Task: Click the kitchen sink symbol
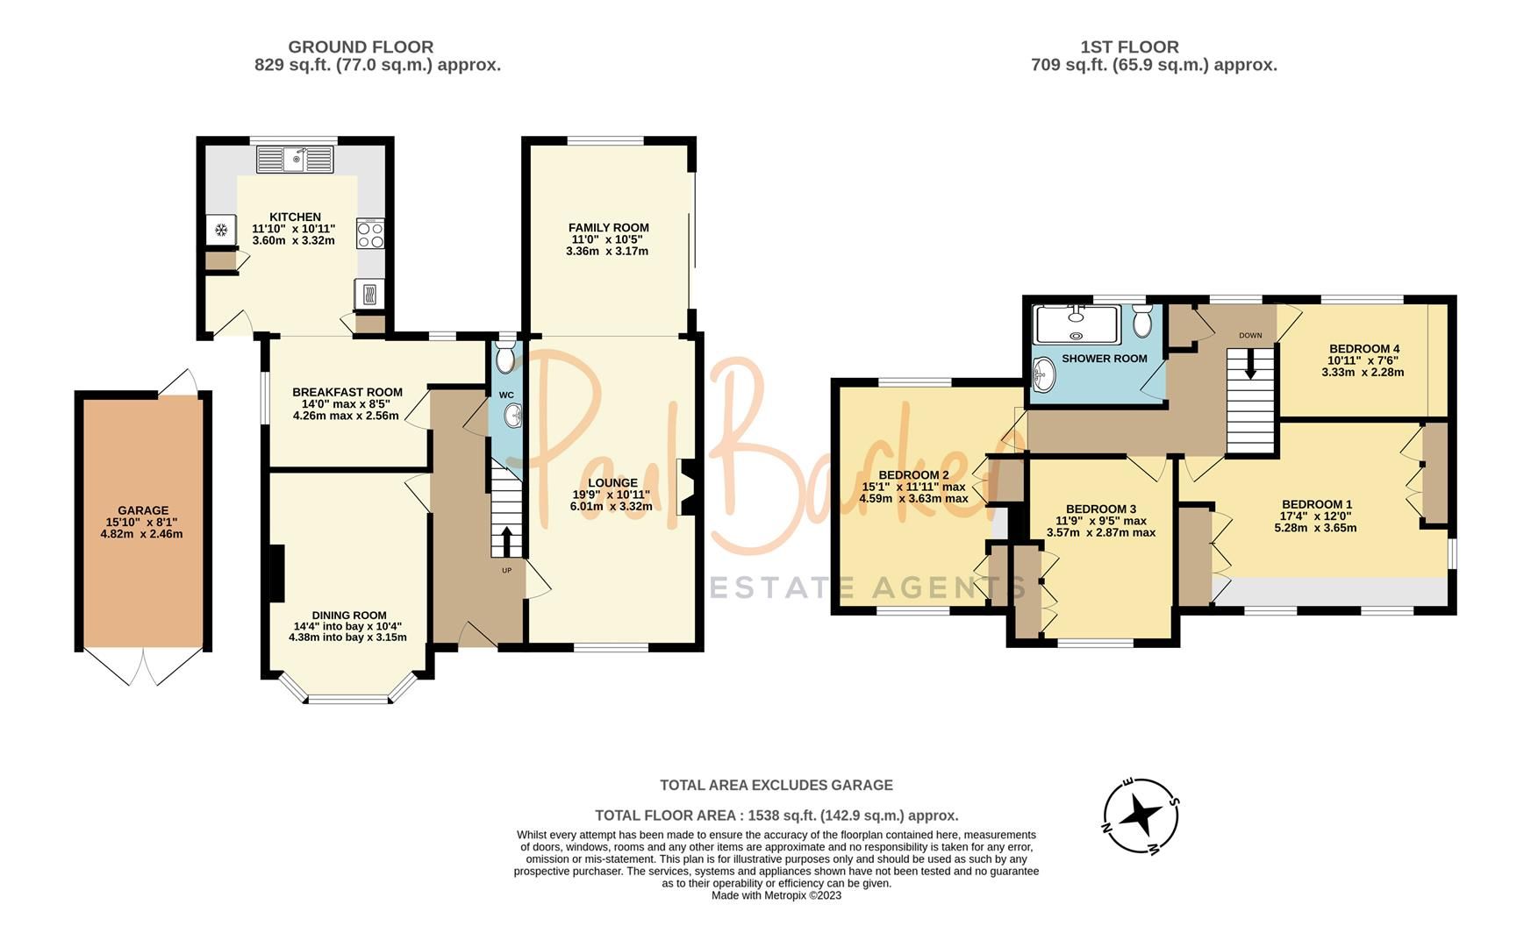click(x=295, y=160)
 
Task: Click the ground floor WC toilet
click(x=505, y=358)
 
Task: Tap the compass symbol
click(x=1141, y=815)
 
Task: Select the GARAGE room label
click(x=143, y=510)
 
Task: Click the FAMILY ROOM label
click(x=609, y=228)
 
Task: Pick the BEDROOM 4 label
click(x=1363, y=348)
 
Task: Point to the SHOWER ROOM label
click(x=1104, y=359)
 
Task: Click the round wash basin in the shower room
click(x=1043, y=376)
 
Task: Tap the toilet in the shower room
click(x=1141, y=322)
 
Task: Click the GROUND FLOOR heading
click(x=361, y=46)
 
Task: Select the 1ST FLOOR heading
click(x=1129, y=46)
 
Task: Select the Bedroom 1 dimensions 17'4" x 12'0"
click(x=1317, y=516)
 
